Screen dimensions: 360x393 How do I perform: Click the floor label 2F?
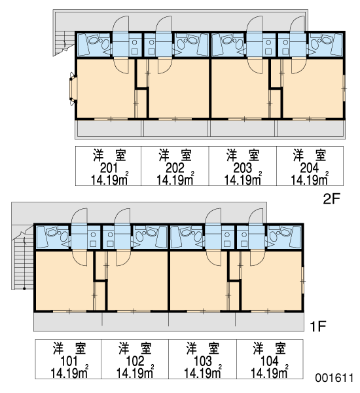click(x=331, y=199)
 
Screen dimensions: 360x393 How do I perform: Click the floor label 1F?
click(x=317, y=326)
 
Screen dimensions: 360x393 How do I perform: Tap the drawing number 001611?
click(x=334, y=378)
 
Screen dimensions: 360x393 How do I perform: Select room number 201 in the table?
click(x=109, y=168)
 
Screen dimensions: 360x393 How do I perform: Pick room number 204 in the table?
click(x=310, y=168)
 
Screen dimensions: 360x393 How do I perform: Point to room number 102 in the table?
click(x=135, y=361)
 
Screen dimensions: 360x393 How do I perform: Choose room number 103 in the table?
click(x=203, y=361)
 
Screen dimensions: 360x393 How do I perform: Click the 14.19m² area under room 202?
click(x=175, y=179)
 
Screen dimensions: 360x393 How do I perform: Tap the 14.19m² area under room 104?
click(x=269, y=373)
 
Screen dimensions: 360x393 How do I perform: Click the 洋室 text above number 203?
click(x=243, y=155)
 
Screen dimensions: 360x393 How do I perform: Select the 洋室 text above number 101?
click(x=69, y=348)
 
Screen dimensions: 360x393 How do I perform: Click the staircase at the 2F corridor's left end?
click(x=63, y=43)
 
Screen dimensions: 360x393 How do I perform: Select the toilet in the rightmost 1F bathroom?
click(x=283, y=233)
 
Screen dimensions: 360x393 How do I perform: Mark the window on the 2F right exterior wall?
click(x=344, y=88)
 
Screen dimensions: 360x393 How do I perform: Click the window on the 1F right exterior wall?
click(x=302, y=281)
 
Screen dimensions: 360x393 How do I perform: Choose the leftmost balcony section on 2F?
click(x=109, y=129)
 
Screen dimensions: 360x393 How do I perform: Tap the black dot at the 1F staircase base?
click(x=24, y=289)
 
